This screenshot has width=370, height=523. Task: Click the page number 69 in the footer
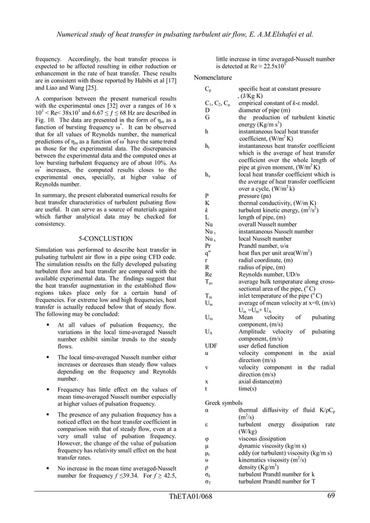[x=331, y=496]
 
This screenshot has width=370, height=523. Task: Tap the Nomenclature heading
[x=213, y=78]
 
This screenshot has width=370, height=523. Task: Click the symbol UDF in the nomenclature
[x=212, y=346]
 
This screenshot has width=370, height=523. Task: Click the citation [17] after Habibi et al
[x=171, y=80]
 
